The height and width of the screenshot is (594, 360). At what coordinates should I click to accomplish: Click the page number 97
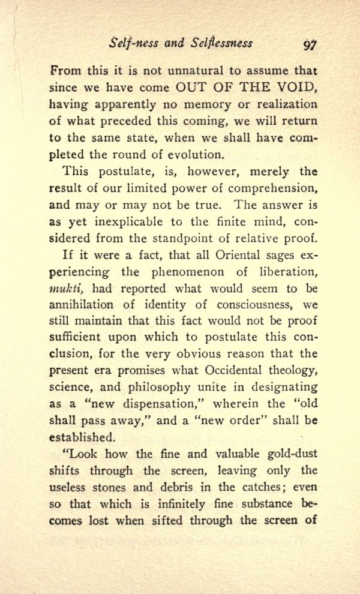click(310, 44)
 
